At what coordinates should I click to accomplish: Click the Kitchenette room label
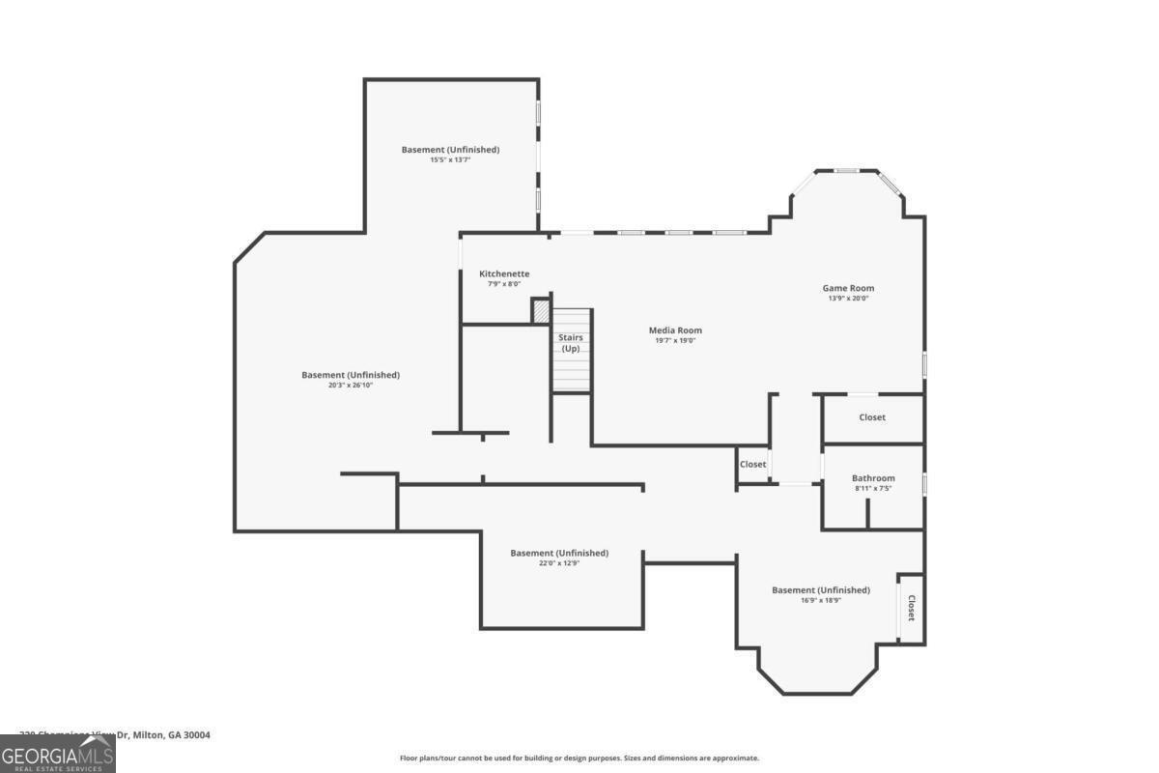[x=504, y=273]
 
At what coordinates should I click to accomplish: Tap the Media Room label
[x=675, y=330]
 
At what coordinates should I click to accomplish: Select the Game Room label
[x=848, y=288]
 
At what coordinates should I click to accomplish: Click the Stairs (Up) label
[x=571, y=342]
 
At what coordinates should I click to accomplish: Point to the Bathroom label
[x=873, y=478]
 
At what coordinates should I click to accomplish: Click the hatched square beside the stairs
[x=542, y=312]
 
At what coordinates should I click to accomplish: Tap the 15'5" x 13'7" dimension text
[x=450, y=159]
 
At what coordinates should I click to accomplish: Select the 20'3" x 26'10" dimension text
[x=350, y=385]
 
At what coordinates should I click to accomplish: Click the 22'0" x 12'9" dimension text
[x=559, y=562]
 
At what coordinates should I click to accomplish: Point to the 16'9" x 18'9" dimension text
[x=820, y=600]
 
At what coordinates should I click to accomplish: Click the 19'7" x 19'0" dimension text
[x=675, y=340]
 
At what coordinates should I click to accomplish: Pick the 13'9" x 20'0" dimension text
[x=848, y=299]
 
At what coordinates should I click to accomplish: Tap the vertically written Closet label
[x=911, y=607]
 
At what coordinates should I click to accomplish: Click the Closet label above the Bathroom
[x=872, y=417]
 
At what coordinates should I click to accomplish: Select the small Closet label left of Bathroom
[x=752, y=464]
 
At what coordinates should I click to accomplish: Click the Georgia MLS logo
[x=58, y=754]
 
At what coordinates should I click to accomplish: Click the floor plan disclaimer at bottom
[x=579, y=759]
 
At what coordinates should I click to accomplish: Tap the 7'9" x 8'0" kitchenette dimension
[x=503, y=284]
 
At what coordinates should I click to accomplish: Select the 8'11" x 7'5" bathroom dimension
[x=873, y=488]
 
